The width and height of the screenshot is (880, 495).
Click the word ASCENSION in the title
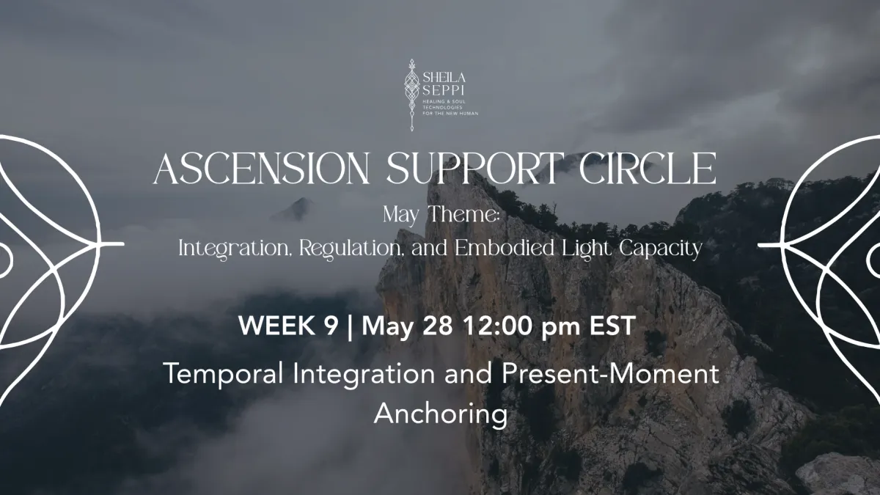click(x=261, y=169)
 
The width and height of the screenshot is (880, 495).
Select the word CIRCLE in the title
click(x=647, y=169)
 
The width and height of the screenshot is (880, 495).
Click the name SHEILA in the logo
click(x=444, y=77)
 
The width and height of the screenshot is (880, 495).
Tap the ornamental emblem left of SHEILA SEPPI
click(x=411, y=95)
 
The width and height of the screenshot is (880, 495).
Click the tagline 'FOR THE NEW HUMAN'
click(x=450, y=114)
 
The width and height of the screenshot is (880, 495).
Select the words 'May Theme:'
click(x=441, y=215)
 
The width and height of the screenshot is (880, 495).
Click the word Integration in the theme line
click(x=233, y=249)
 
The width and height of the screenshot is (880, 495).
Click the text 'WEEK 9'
click(x=288, y=326)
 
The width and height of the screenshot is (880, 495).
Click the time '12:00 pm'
click(x=521, y=326)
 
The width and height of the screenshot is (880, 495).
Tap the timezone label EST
click(x=612, y=326)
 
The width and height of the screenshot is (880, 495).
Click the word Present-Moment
click(x=610, y=373)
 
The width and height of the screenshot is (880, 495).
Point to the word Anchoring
click(x=441, y=414)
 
